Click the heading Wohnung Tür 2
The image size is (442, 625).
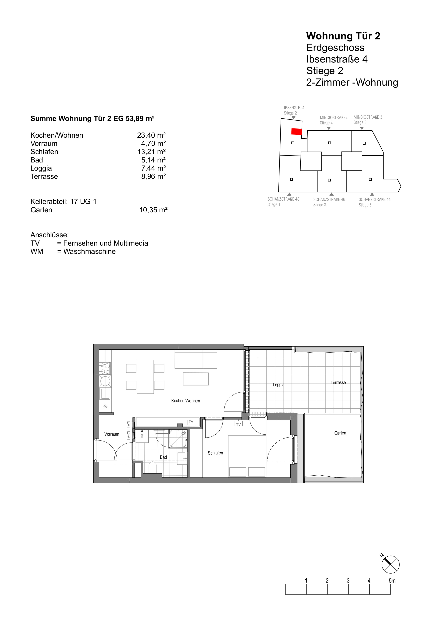pos(343,36)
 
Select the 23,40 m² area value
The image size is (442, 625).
pos(151,135)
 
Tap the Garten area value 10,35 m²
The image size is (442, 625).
pos(154,210)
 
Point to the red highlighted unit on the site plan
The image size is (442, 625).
pos(296,131)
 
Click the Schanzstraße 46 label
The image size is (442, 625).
pos(329,199)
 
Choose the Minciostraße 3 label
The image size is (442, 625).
pos(368,117)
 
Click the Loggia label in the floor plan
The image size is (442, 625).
pos(278,385)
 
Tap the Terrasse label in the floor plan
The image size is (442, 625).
pos(338,382)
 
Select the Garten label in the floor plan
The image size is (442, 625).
pos(340,433)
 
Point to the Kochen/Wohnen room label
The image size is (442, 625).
pos(186,401)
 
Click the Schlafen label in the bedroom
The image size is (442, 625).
pos(215,453)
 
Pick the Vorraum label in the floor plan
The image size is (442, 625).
pos(112,434)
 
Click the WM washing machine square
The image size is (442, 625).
pos(142,436)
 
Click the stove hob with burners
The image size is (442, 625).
pos(105,368)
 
